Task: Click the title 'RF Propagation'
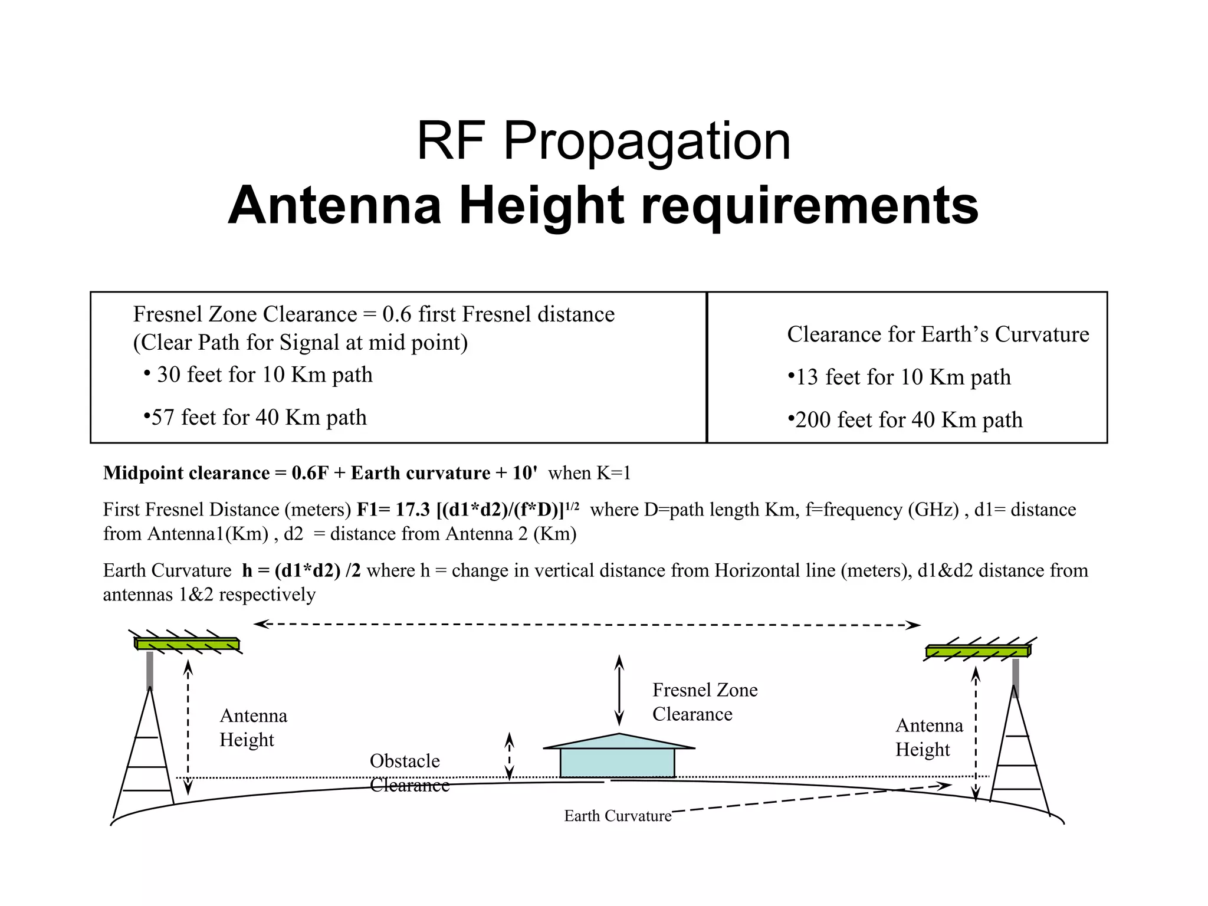pos(603,141)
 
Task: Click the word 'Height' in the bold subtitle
pos(541,206)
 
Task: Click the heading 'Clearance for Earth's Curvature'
pos(938,334)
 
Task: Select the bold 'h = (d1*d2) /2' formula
pos(301,570)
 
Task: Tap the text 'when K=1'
pos(589,473)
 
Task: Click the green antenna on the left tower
pos(187,644)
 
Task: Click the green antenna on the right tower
pos(977,651)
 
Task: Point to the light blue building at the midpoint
pos(617,761)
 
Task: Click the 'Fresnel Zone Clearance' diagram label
pos(704,702)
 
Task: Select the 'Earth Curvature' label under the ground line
pos(617,816)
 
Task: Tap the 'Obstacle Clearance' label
pos(408,773)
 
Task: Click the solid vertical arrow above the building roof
pos(619,690)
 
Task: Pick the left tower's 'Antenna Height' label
pos(253,728)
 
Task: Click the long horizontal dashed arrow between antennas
pos(587,625)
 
